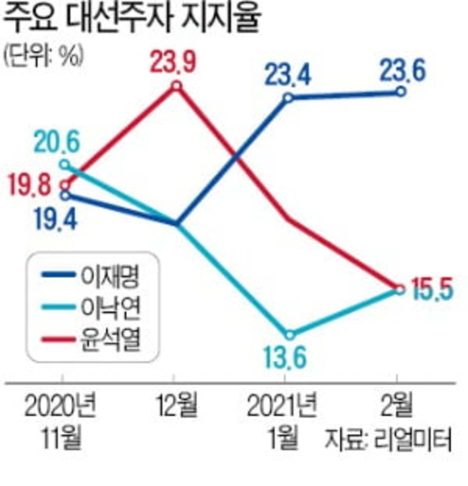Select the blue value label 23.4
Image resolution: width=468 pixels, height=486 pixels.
[x=289, y=75]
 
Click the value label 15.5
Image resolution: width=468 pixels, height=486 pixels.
[x=428, y=290]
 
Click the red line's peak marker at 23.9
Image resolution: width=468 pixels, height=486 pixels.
[x=177, y=85]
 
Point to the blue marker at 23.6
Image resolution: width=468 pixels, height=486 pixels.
[x=401, y=92]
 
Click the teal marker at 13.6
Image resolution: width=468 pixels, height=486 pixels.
[x=289, y=335]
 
